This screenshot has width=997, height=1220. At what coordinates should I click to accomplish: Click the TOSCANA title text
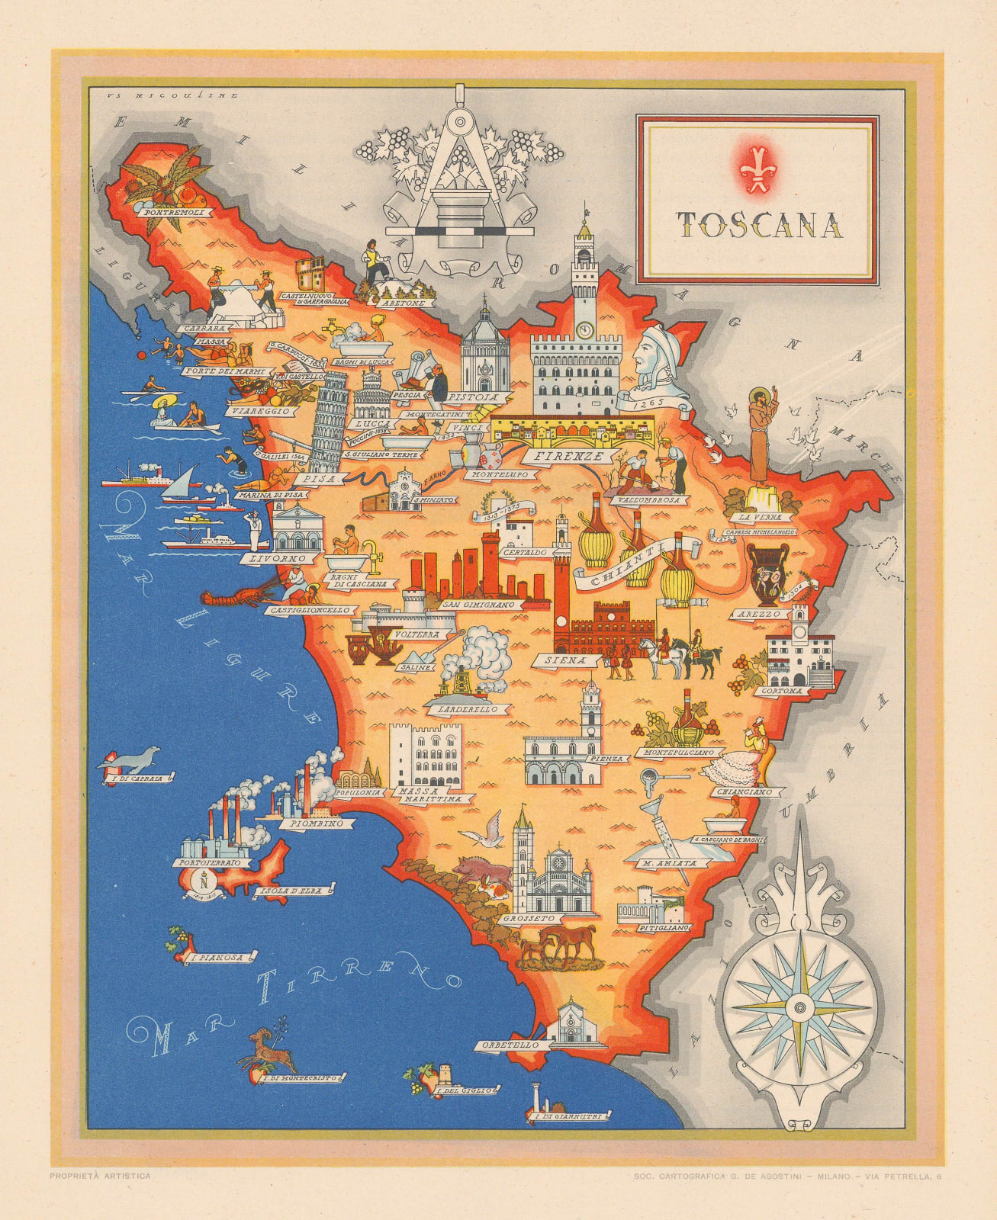(759, 225)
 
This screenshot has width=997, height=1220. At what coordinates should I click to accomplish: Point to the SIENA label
(565, 661)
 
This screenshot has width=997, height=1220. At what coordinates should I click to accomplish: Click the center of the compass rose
(799, 1007)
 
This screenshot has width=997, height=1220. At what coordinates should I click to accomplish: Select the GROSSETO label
(529, 920)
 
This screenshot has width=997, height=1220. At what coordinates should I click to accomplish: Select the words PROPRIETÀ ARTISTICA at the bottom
(100, 1176)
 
